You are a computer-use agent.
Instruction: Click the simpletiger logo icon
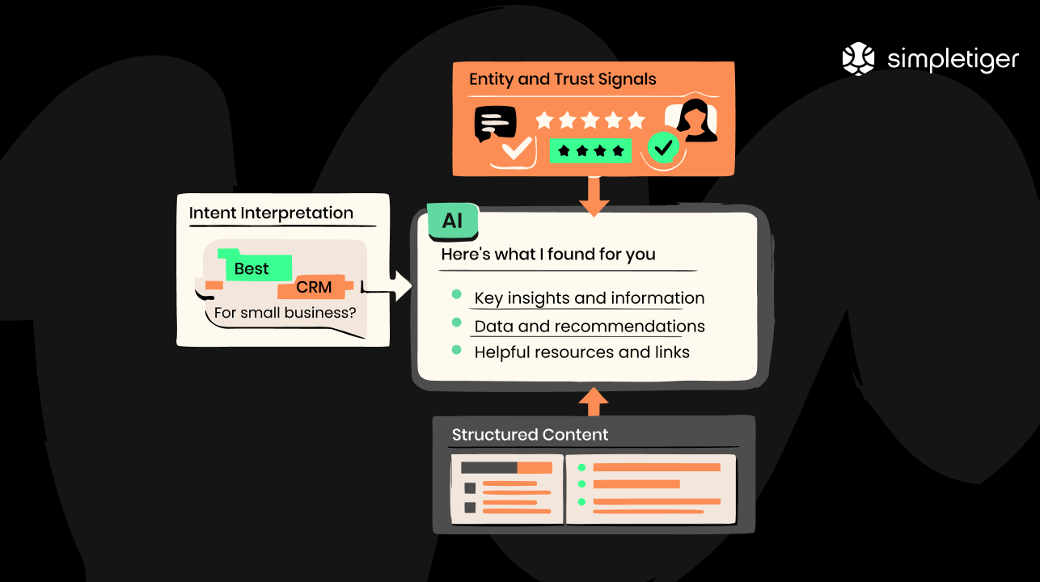(859, 59)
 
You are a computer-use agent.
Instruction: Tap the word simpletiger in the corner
(953, 60)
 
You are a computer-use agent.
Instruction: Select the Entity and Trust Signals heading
(562, 79)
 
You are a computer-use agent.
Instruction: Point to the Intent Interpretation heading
(271, 213)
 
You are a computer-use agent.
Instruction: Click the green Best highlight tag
(252, 268)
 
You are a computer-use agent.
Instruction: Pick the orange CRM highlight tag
(314, 287)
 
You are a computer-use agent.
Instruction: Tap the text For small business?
(285, 312)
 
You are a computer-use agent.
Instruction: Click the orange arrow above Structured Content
(594, 400)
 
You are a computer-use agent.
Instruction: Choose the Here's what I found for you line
(547, 255)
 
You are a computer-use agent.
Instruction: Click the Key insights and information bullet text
(589, 298)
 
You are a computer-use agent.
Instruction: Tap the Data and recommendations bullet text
(589, 327)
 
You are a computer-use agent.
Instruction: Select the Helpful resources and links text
(581, 352)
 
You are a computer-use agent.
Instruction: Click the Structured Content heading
(530, 435)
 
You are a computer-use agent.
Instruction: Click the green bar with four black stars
(590, 150)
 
